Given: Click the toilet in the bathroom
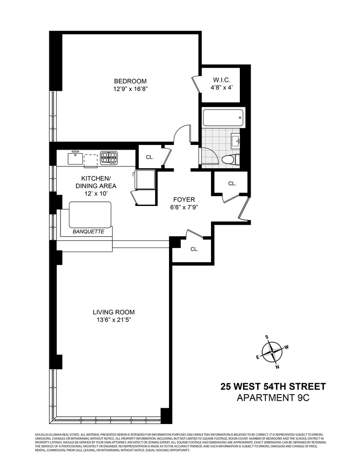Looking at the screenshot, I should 230,159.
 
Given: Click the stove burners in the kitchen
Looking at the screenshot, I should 109,158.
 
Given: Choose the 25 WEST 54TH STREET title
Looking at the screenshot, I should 273,386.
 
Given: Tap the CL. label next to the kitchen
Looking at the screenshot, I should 149,157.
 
